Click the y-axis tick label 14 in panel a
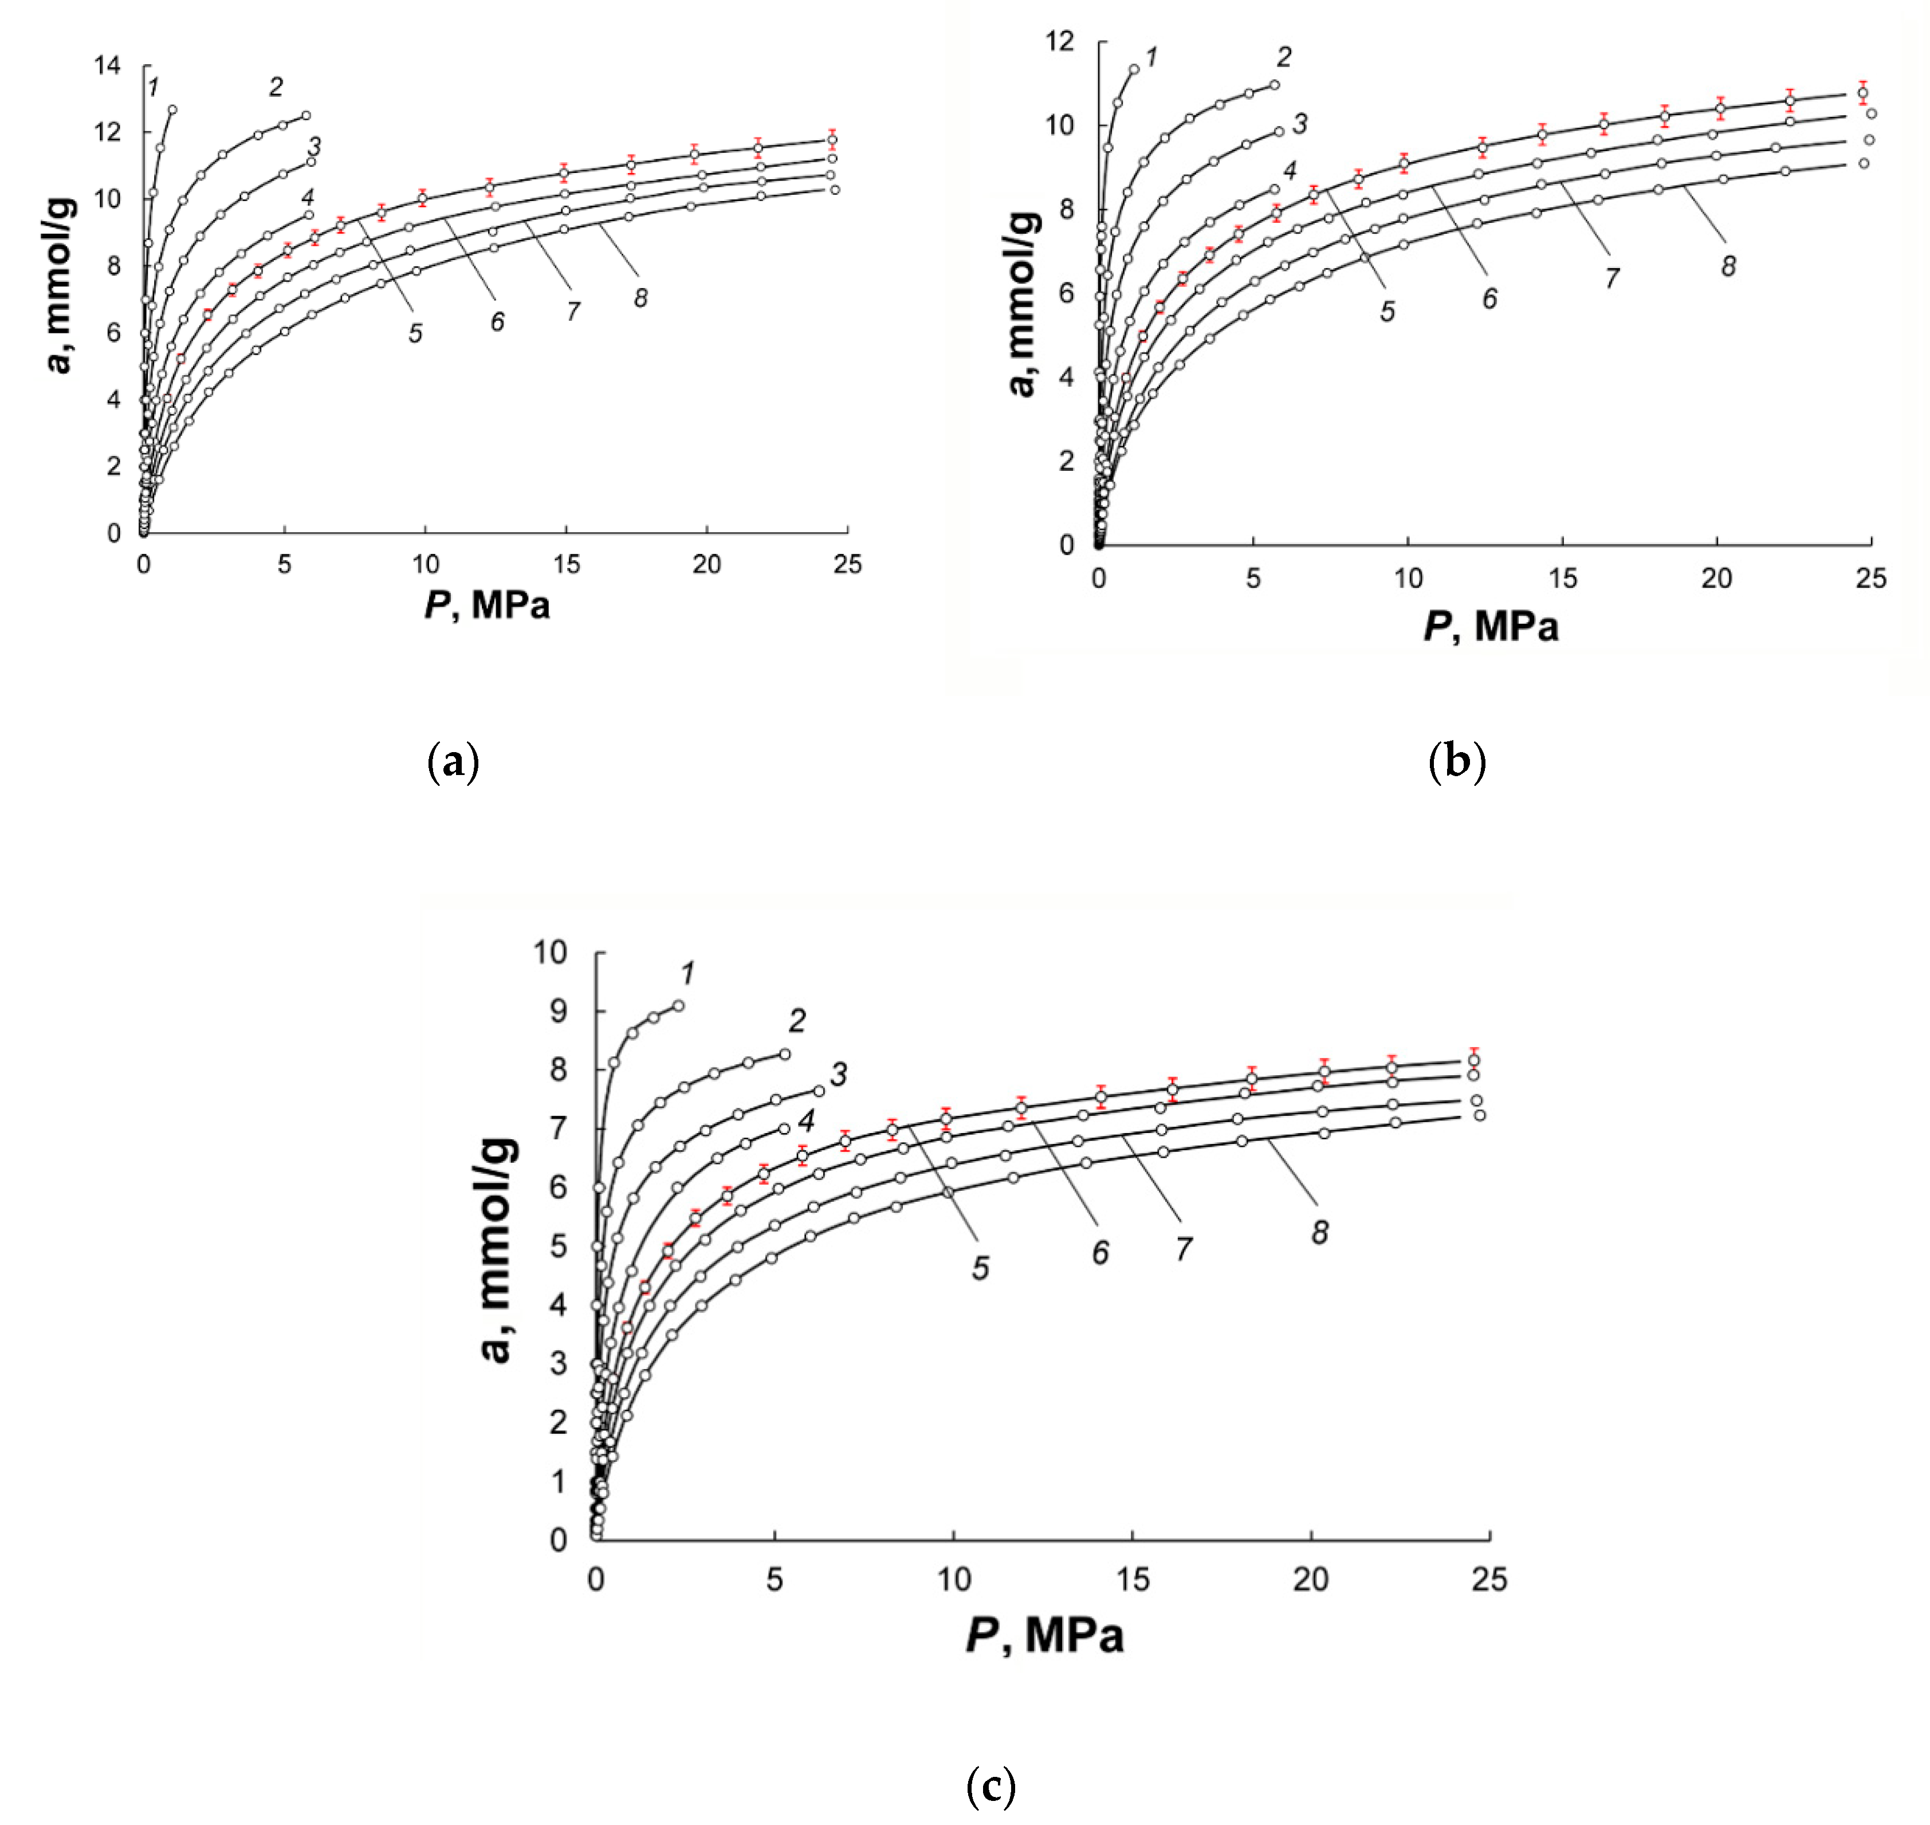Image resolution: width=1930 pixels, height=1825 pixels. (107, 65)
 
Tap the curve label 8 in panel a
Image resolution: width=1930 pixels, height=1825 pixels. (640, 298)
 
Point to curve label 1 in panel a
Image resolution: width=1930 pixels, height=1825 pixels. (153, 89)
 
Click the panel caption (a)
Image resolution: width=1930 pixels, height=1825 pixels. (453, 762)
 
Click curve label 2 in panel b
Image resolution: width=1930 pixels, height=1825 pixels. (1284, 57)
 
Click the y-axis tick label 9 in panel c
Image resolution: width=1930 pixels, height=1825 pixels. (557, 1012)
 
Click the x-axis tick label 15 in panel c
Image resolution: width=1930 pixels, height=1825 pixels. (1133, 1579)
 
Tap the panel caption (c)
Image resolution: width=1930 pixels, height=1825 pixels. (991, 1787)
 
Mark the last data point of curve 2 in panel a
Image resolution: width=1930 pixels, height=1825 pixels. (305, 116)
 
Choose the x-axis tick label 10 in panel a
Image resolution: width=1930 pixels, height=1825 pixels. (425, 564)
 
